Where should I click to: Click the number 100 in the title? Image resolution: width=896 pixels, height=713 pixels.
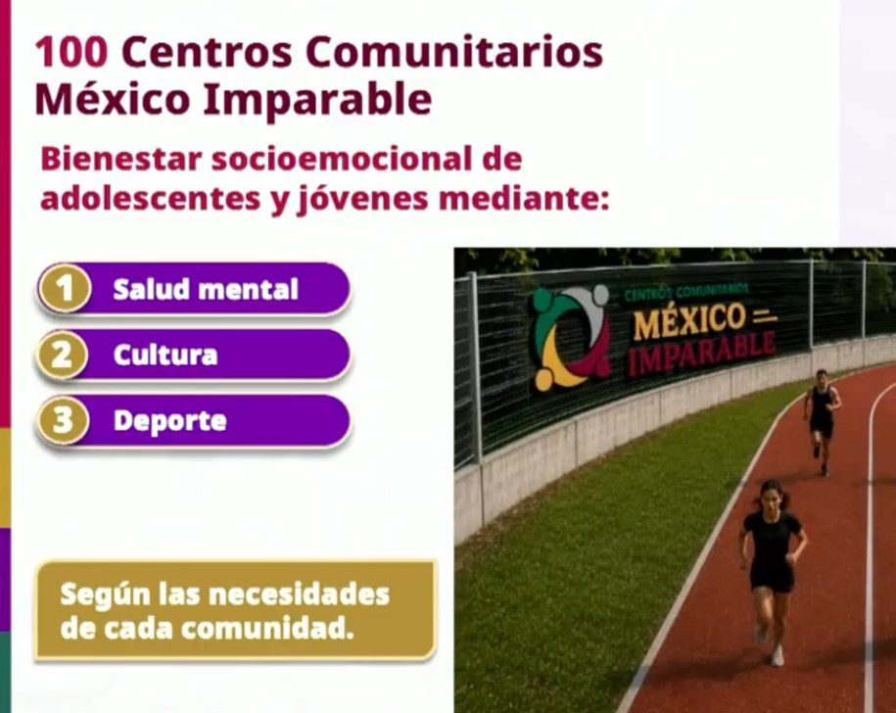pos(71,52)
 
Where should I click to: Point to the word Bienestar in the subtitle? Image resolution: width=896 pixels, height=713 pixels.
pos(121,159)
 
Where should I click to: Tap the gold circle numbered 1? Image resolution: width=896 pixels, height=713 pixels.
pos(65,289)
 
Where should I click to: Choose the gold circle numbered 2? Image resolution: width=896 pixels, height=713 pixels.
pos(62,355)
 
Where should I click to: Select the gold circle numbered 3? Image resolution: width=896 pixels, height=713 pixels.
pos(62,420)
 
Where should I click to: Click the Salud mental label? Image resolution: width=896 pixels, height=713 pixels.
pos(206,289)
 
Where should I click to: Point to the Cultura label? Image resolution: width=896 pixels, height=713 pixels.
pos(165,355)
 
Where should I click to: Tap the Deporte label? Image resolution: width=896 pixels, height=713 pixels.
pos(169,421)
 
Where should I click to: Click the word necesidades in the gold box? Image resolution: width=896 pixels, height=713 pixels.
pos(299,594)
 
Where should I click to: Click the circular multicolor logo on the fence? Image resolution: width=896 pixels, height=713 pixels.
pos(572,337)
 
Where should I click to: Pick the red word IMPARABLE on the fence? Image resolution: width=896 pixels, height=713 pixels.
pos(701,356)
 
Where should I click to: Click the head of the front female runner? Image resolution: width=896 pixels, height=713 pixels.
pos(772,495)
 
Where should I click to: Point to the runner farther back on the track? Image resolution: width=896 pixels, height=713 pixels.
pos(822,420)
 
